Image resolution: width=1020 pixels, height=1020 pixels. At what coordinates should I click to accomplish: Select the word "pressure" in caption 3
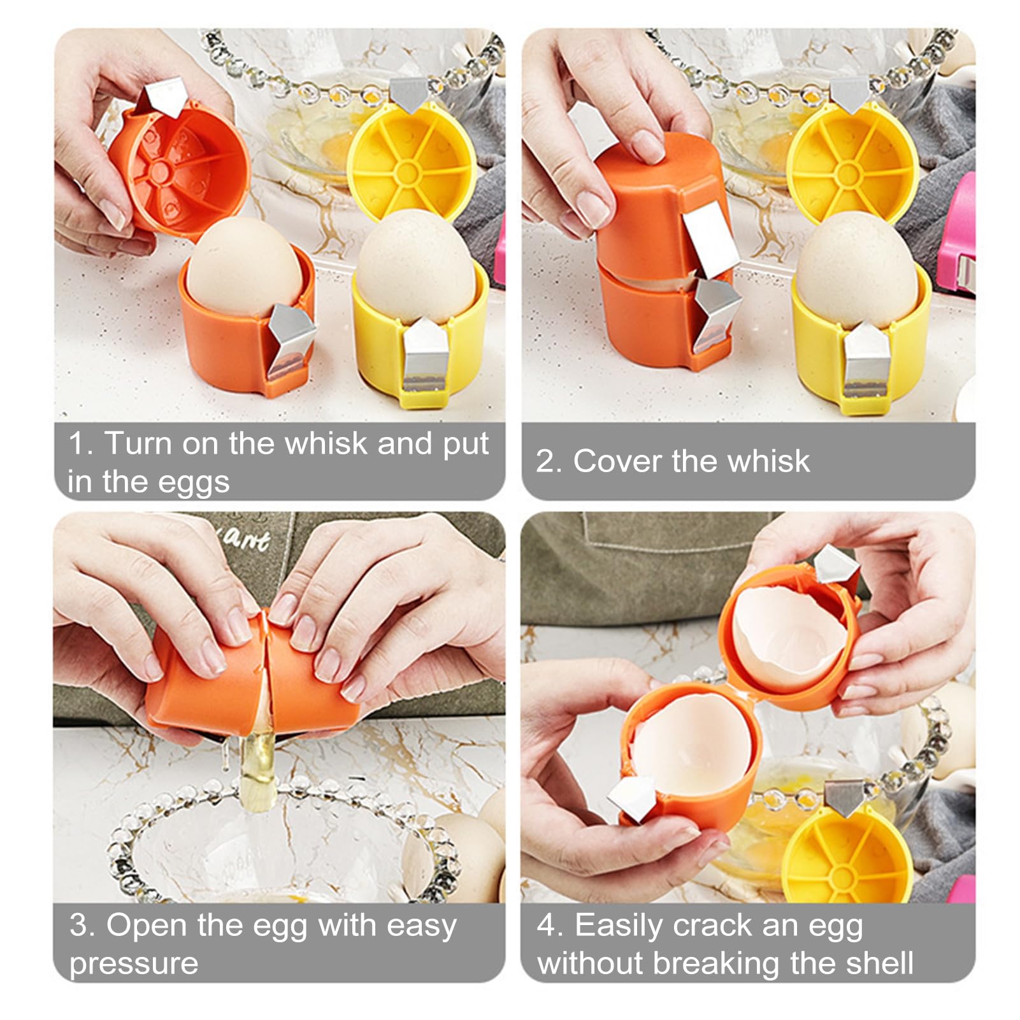(x=134, y=964)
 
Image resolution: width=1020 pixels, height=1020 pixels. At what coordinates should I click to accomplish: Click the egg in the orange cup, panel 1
(x=245, y=267)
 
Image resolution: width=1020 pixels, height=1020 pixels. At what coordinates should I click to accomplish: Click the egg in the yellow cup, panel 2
(x=858, y=269)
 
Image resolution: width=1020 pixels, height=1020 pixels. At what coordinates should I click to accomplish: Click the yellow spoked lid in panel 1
(x=411, y=164)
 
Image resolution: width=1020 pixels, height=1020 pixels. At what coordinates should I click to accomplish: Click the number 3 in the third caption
(x=78, y=925)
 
